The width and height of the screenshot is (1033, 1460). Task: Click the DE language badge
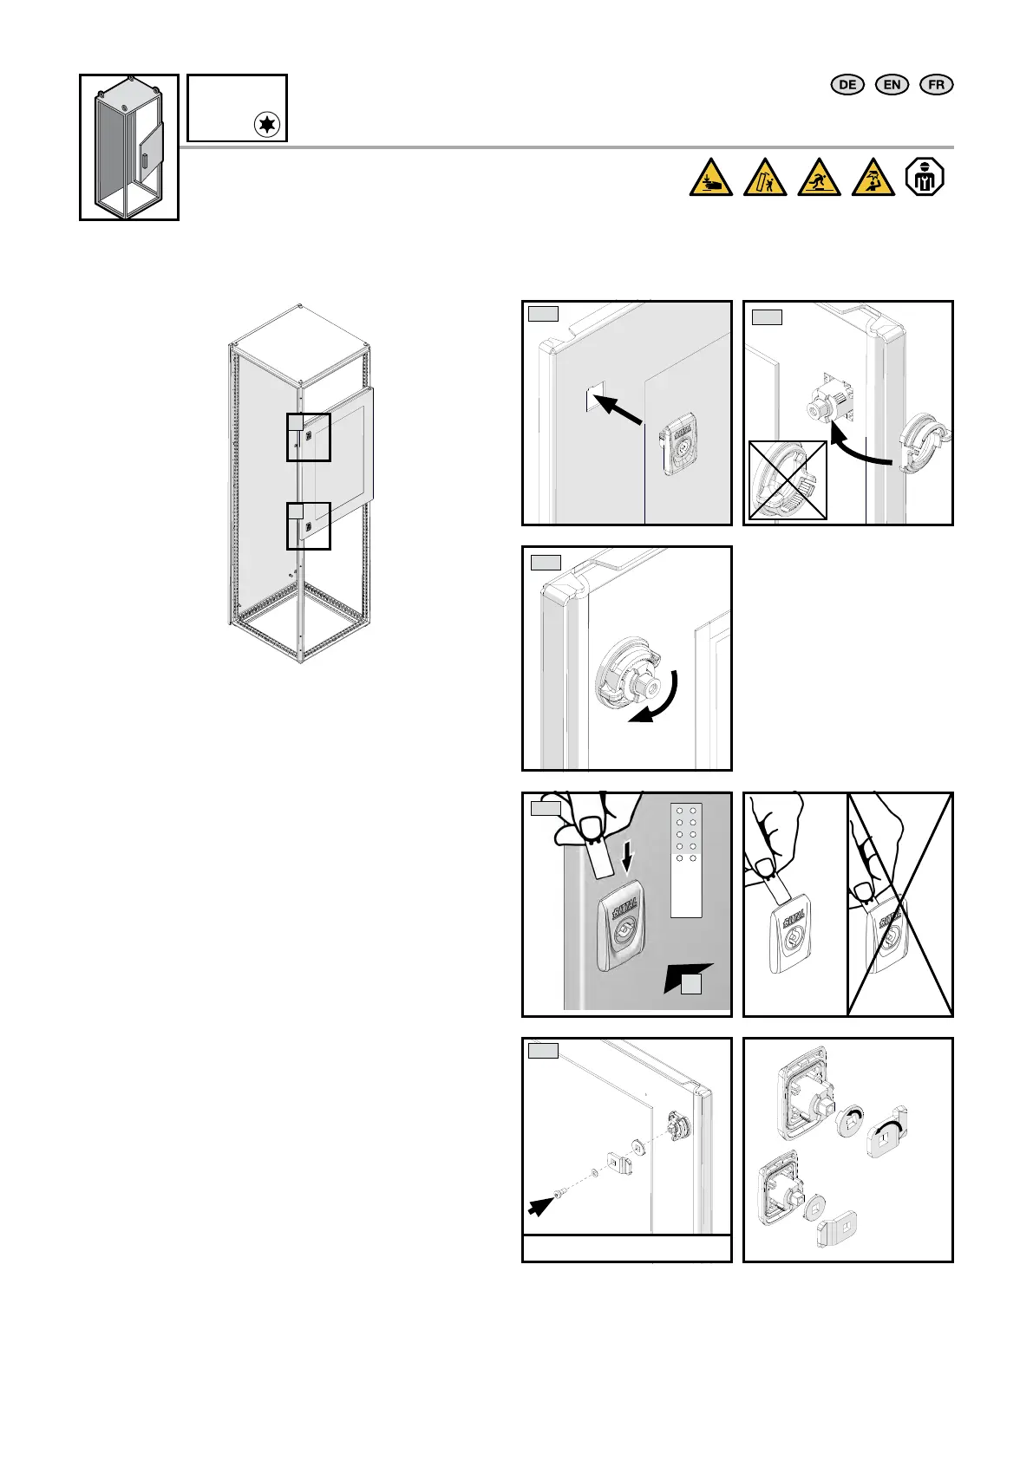pos(847,84)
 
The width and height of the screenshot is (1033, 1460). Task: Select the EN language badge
pos(892,84)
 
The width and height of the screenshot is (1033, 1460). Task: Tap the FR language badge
pos(936,84)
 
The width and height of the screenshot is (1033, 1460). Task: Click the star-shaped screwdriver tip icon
pos(267,125)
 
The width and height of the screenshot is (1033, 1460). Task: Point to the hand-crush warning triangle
pos(711,178)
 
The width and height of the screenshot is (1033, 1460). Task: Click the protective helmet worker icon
pos(924,177)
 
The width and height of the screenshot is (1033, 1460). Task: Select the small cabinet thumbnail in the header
pos(129,147)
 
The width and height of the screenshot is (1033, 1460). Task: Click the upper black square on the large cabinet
pos(309,437)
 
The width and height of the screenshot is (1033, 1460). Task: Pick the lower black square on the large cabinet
pos(309,525)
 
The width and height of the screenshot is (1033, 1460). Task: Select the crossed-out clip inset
pos(788,480)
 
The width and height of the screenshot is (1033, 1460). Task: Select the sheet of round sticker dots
pos(687,859)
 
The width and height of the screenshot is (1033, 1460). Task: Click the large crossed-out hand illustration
pos(899,903)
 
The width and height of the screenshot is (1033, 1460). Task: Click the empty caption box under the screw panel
pos(626,1248)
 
